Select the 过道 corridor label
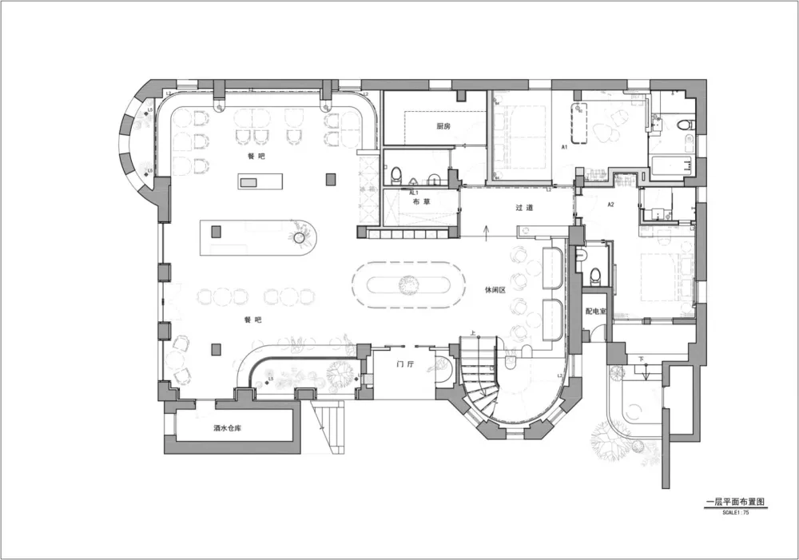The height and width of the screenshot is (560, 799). click(524, 208)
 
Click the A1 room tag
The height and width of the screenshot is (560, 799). click(564, 148)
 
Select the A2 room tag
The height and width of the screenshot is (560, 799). click(610, 205)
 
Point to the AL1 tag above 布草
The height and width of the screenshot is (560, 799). click(414, 193)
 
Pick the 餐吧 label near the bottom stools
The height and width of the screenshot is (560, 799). click(252, 319)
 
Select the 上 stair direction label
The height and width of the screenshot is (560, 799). click(474, 333)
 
